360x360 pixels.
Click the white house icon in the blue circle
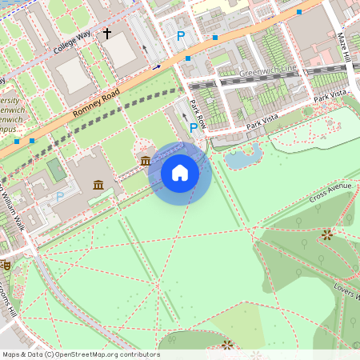[x=180, y=173]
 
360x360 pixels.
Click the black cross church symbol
[x=106, y=34]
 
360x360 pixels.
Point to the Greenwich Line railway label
[x=267, y=72]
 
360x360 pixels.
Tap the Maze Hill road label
[x=344, y=48]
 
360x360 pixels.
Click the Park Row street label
[x=197, y=113]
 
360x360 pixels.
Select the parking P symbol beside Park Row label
[x=194, y=127]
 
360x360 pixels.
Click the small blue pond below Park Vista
[x=243, y=157]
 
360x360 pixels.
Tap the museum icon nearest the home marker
[x=145, y=162]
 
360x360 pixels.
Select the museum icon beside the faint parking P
[x=98, y=186]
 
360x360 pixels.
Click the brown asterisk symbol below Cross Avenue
[x=326, y=234]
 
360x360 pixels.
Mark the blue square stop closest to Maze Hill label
[x=299, y=12]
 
